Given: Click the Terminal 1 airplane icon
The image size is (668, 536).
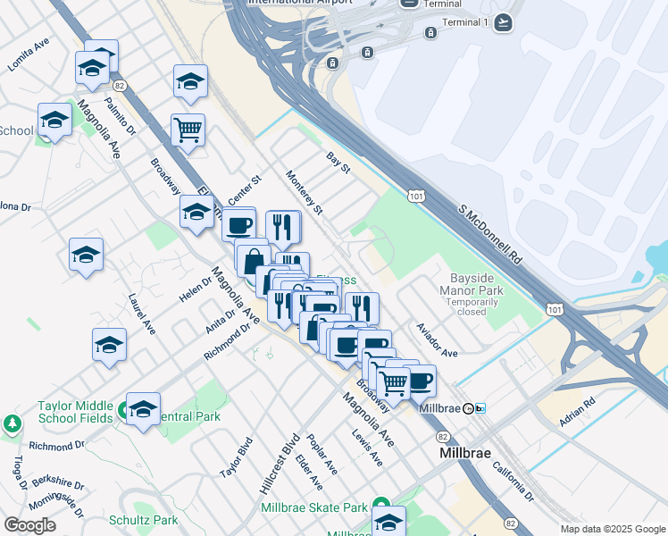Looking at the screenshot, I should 503,22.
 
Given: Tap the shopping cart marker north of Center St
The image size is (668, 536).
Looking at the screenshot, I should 188,130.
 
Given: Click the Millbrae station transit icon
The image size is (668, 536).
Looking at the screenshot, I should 480,408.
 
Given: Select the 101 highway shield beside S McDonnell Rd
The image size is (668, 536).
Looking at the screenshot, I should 415,194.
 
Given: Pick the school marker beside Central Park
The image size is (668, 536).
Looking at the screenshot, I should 143,409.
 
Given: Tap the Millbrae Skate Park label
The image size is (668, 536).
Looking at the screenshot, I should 314,507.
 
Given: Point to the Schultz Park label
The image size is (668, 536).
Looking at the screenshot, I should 143,519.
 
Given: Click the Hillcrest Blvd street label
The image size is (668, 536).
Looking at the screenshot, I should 277,464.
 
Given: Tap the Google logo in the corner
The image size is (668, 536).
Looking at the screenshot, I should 29,525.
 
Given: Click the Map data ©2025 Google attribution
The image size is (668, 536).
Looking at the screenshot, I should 612,529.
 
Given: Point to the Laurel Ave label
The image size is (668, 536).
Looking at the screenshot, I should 141,315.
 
